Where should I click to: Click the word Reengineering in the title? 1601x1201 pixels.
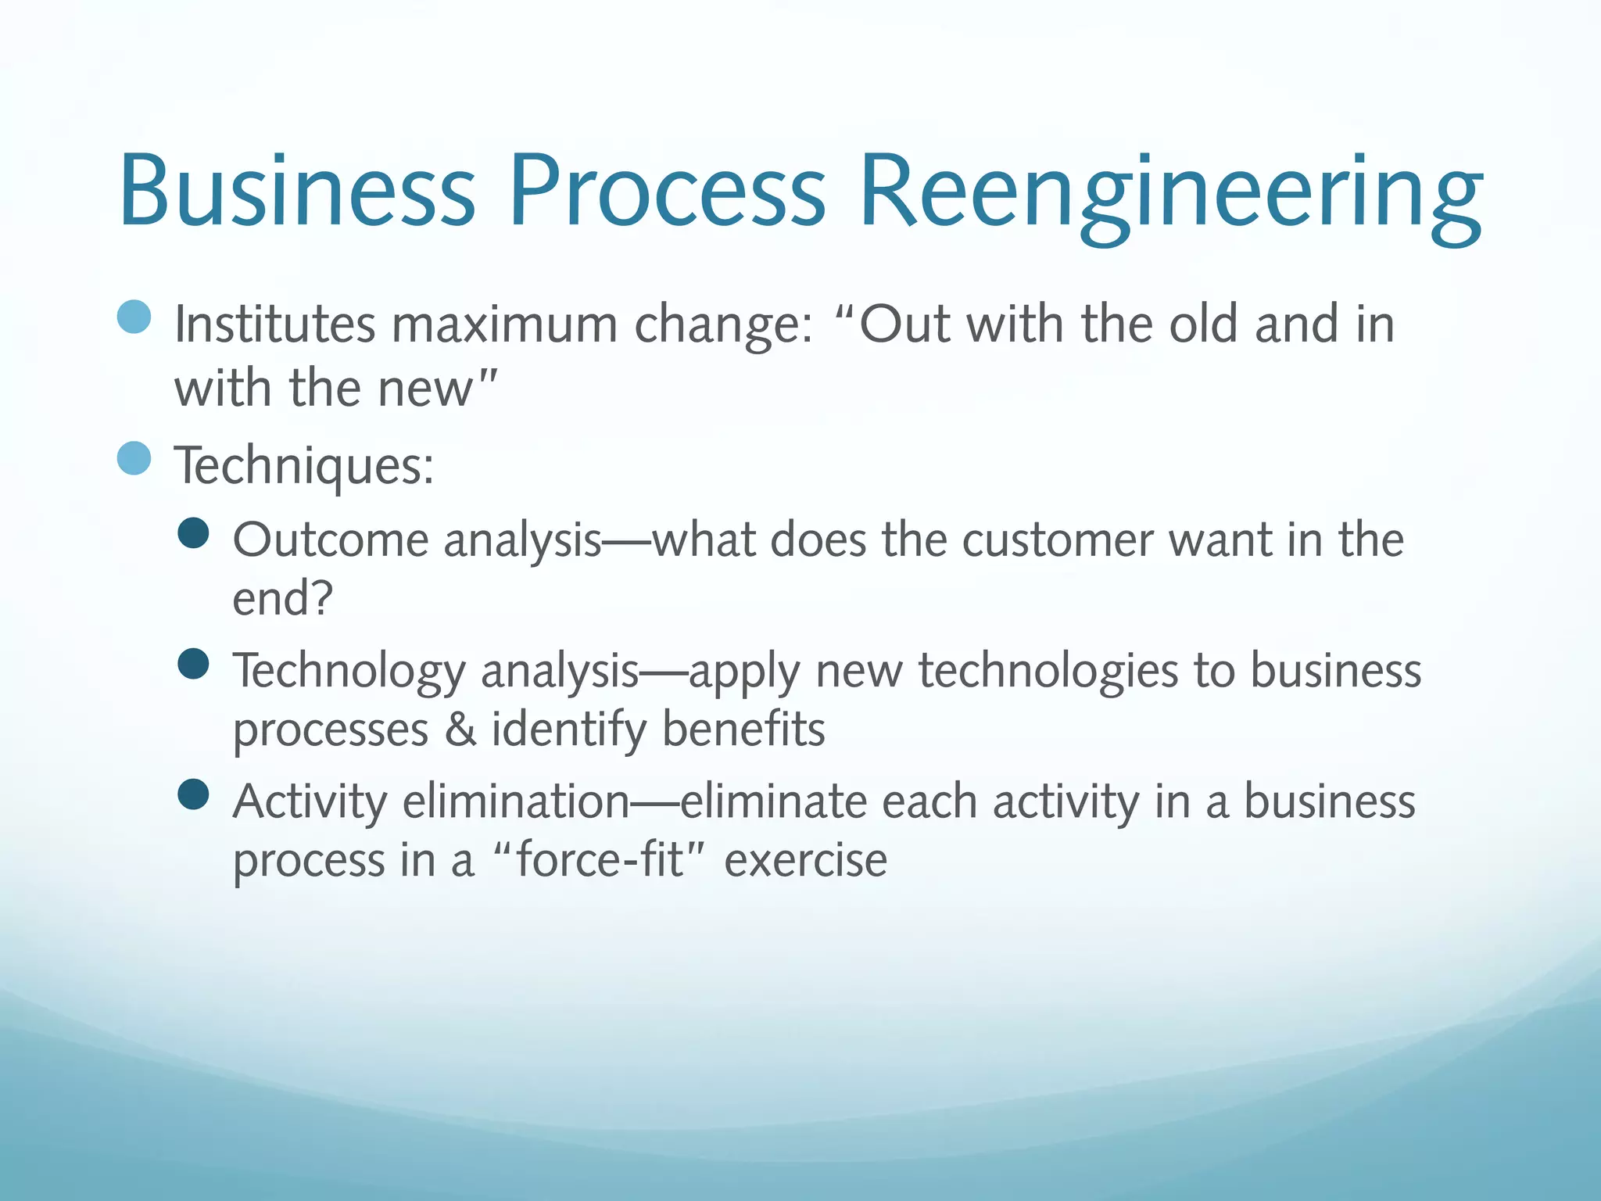tap(1170, 193)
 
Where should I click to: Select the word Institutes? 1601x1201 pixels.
tap(274, 324)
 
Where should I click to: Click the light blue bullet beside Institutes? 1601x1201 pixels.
tap(134, 317)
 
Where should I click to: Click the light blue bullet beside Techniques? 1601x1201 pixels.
tap(134, 458)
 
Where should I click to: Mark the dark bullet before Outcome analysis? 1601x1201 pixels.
tap(193, 534)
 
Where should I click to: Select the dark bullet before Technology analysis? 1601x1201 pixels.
tap(193, 664)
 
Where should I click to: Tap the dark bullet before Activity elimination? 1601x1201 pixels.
tap(193, 794)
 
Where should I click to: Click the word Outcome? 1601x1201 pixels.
tap(331, 540)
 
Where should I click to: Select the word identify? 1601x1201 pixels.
tap(568, 731)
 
